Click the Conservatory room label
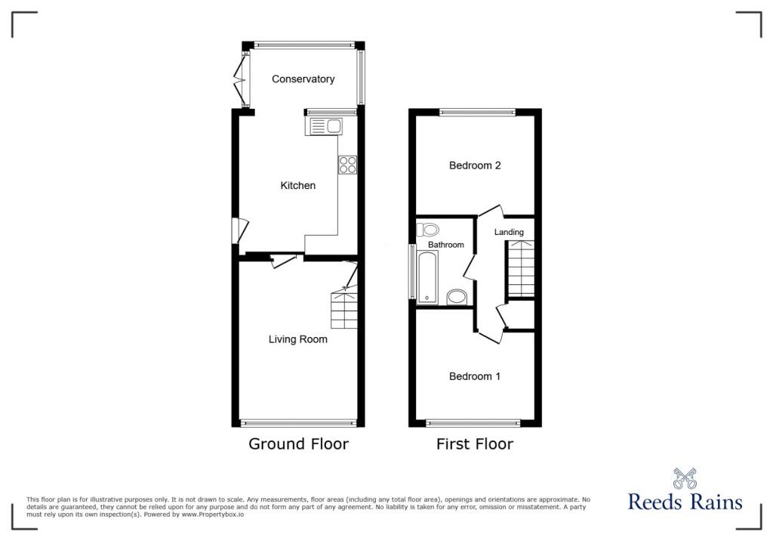click(303, 79)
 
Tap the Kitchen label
click(297, 186)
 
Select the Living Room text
click(297, 339)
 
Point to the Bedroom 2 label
click(475, 165)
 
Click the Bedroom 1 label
click(475, 376)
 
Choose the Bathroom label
click(445, 245)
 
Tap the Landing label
click(509, 232)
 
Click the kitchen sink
click(324, 126)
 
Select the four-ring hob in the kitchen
click(347, 165)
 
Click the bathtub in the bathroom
click(427, 277)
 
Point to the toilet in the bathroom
click(427, 230)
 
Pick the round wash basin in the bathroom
click(457, 297)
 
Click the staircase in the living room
click(344, 309)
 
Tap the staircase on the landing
click(521, 268)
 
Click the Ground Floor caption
click(299, 444)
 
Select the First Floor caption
click(475, 444)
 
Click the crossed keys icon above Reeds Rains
click(685, 478)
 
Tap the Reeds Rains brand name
click(685, 502)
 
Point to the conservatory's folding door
click(241, 79)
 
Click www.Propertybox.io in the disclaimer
click(212, 515)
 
